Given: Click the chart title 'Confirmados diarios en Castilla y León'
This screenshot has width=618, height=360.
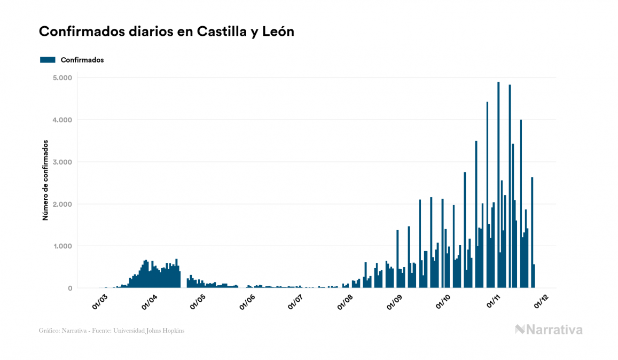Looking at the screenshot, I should (167, 32).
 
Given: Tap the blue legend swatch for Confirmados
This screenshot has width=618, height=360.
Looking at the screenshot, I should (48, 60).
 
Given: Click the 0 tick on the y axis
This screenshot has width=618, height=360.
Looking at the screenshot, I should (69, 288).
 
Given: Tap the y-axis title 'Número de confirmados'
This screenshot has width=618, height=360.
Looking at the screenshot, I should (46, 181).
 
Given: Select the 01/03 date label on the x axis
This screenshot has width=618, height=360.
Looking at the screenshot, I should (100, 302).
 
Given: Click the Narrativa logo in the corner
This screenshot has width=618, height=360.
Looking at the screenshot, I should (549, 330).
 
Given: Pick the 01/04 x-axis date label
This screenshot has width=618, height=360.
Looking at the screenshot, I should (149, 302).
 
